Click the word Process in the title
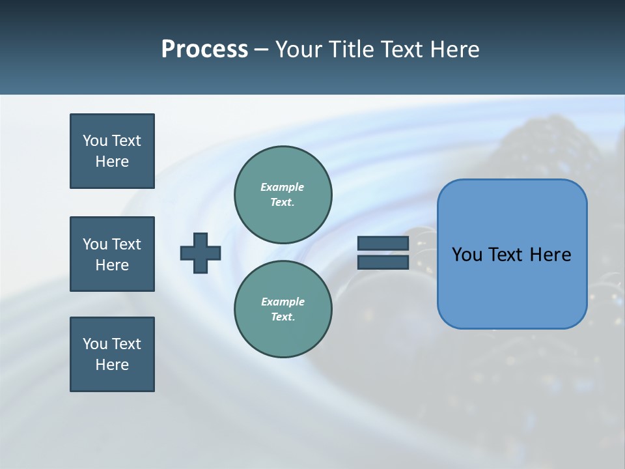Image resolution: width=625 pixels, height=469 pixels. click(x=204, y=50)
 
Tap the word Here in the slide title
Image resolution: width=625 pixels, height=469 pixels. click(x=454, y=50)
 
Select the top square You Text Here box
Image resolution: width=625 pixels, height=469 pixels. click(x=112, y=151)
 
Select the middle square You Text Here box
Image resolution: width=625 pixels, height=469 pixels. click(x=112, y=254)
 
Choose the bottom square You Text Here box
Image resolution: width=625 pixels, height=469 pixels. click(x=112, y=354)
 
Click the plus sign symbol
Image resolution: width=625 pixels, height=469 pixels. click(x=201, y=253)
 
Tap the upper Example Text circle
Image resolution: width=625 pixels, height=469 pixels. click(x=283, y=195)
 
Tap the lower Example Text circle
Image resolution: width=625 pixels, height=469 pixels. click(x=283, y=309)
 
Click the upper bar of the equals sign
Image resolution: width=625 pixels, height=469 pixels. click(x=383, y=244)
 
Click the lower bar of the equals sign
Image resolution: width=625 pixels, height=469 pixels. click(x=383, y=262)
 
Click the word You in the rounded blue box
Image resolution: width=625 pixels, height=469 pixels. click(x=467, y=255)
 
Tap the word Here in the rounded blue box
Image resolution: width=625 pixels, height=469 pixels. click(x=550, y=255)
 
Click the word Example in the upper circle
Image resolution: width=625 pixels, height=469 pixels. click(x=282, y=187)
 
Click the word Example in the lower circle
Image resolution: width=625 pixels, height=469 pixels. click(x=283, y=302)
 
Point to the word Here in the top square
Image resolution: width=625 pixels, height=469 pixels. click(x=112, y=162)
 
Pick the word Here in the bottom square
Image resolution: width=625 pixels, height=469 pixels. click(x=112, y=365)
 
